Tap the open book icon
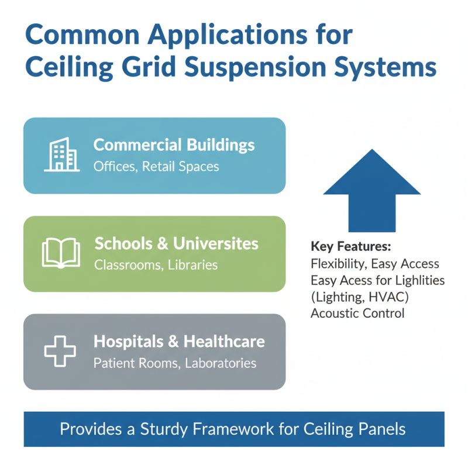click(x=61, y=253)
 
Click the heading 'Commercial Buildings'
click(x=174, y=145)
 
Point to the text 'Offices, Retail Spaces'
click(x=156, y=167)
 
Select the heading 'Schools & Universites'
click(x=176, y=243)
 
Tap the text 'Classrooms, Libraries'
click(x=156, y=265)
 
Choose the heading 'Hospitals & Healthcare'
click(x=179, y=342)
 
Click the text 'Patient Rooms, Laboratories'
click(x=175, y=363)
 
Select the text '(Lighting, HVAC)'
click(x=359, y=297)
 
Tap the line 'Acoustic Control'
click(x=357, y=313)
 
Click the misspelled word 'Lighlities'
click(x=416, y=280)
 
